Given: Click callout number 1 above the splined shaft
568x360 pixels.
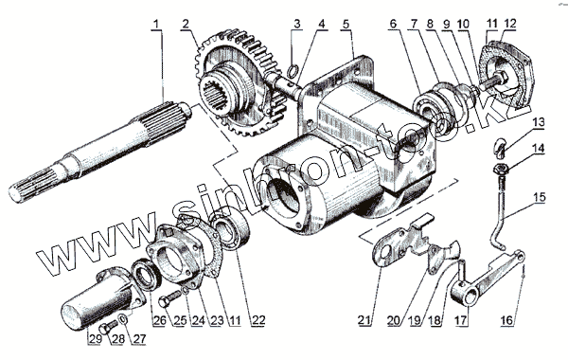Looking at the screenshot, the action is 156,25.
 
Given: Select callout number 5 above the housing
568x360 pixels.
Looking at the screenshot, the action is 346,25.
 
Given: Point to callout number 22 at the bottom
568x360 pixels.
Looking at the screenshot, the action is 259,320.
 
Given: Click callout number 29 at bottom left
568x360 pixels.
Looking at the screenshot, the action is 95,339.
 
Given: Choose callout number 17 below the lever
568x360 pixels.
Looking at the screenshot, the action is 461,320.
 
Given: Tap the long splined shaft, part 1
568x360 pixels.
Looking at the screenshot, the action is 99,151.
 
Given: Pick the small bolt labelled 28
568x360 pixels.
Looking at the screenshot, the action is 109,326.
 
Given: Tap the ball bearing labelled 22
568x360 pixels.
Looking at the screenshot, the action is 231,227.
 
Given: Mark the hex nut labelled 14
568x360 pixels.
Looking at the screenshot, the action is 501,169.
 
